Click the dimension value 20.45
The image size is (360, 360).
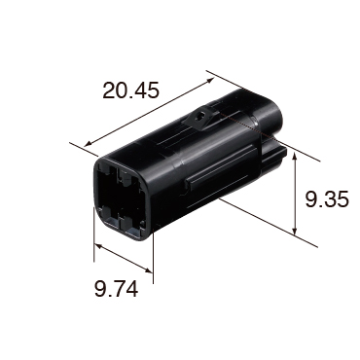click(130, 90)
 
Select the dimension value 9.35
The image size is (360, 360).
click(327, 198)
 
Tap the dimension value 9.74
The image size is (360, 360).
click(116, 289)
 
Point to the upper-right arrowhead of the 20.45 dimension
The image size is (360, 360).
click(210, 81)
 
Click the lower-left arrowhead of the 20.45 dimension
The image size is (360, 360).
click(88, 144)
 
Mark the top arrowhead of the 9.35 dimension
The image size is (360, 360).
click(295, 157)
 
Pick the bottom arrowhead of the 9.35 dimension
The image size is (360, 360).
click(294, 230)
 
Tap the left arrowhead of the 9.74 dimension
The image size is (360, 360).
click(98, 246)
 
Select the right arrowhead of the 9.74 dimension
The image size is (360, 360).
click(148, 270)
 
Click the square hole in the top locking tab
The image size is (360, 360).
click(201, 117)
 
